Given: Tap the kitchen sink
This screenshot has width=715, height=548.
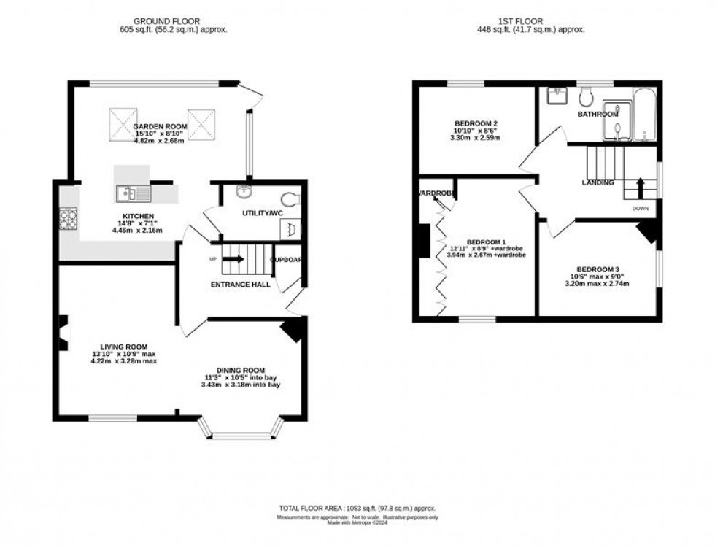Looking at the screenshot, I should pos(133,193).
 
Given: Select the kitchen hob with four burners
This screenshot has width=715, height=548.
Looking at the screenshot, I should pos(68,217).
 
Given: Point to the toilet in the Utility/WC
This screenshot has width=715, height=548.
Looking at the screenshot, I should pos(290,198).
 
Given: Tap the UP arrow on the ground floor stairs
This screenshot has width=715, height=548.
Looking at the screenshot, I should pos(234,258).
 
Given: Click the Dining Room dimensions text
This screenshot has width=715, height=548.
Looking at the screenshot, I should pos(241,381).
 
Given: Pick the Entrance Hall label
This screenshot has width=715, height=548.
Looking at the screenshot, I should pos(241,285).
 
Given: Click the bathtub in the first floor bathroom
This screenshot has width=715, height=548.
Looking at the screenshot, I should pos(645,115).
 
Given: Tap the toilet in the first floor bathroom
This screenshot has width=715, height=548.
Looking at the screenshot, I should pos(585,96).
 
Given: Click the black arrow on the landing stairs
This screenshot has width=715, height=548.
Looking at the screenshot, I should pos(640,188).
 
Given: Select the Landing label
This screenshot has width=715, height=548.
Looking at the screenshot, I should pos(598,182).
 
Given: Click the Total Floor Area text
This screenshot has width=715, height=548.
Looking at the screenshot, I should pos(357,508).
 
